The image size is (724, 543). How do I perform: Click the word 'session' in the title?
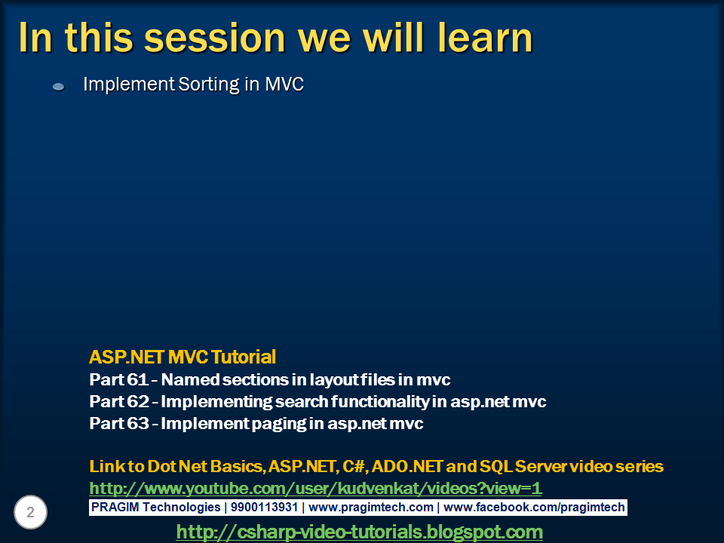click(215, 38)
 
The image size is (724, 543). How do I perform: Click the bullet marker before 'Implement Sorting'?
click(59, 86)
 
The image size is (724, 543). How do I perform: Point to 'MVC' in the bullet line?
click(284, 84)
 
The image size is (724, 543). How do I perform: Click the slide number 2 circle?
click(30, 512)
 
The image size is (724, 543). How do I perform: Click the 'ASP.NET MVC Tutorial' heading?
click(183, 357)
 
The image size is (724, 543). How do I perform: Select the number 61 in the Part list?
click(137, 379)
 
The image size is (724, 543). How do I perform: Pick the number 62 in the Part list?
click(137, 401)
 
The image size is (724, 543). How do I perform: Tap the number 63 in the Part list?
click(137, 423)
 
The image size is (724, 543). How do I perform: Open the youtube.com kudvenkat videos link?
click(315, 488)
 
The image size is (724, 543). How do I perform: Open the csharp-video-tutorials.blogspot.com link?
click(359, 532)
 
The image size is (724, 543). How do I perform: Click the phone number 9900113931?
click(264, 507)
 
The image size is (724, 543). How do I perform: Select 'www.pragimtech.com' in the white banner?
click(371, 508)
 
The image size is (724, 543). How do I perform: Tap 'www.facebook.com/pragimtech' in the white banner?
click(534, 508)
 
